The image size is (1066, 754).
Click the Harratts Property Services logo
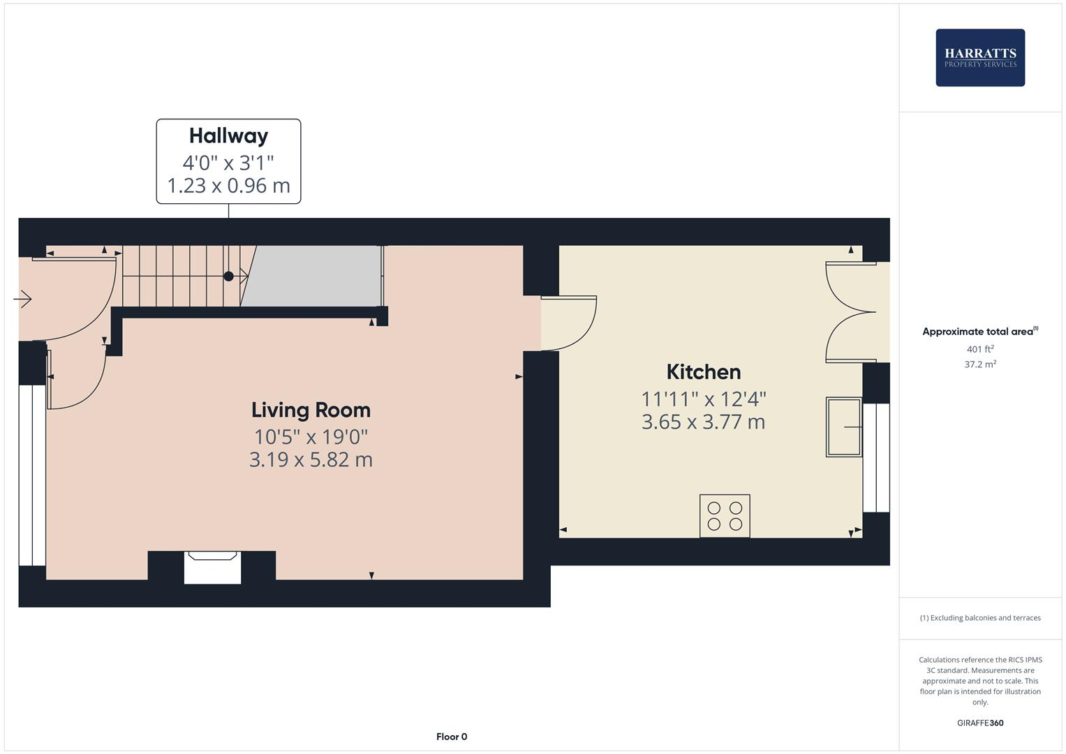980,58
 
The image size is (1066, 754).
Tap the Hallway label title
228,135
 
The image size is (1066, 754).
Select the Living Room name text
311,410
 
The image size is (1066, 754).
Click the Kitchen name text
703,371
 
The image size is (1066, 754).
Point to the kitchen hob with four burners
725,516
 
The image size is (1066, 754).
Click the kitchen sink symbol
844,427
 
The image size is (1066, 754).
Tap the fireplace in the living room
212,566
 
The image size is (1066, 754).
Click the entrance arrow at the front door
22,300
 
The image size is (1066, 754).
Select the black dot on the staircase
228,276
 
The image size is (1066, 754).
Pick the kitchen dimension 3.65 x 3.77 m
703,422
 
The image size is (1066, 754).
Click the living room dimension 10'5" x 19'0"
311,437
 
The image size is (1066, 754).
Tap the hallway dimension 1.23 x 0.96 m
228,186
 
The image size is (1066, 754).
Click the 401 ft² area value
980,349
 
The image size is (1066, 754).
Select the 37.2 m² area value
980,364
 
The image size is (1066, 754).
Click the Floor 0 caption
452,737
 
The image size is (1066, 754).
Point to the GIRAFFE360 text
980,723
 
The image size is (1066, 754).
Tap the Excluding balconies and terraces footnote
980,618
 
